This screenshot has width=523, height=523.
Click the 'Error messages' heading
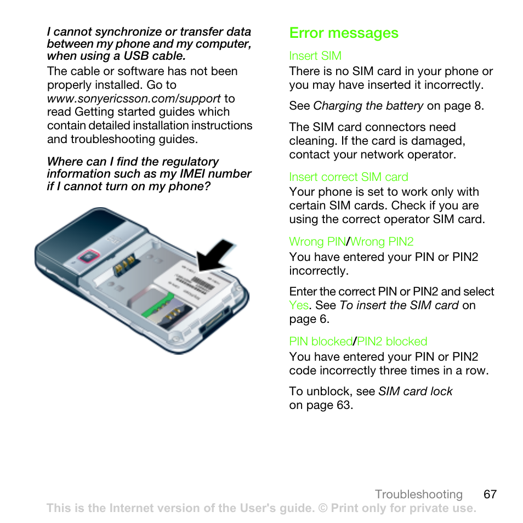tap(344, 33)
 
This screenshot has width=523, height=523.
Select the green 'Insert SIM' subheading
tap(315, 56)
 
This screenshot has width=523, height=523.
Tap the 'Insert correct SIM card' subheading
tap(349, 177)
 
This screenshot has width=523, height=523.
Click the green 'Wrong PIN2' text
tap(382, 242)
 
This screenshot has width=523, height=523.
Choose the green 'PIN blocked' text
tap(321, 342)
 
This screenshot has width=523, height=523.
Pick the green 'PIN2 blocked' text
tap(392, 342)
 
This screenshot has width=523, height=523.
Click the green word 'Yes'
tap(299, 305)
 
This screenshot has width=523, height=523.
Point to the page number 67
tap(490, 494)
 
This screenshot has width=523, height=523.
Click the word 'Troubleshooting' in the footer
tap(419, 494)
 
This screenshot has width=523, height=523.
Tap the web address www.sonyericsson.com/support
tap(134, 99)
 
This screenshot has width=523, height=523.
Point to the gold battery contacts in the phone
tap(124, 265)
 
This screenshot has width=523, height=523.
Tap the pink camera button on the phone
tap(86, 256)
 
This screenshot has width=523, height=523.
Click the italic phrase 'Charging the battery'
tap(368, 106)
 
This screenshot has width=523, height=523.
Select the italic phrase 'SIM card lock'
tap(416, 391)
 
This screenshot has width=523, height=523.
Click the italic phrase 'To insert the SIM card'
tap(399, 305)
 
